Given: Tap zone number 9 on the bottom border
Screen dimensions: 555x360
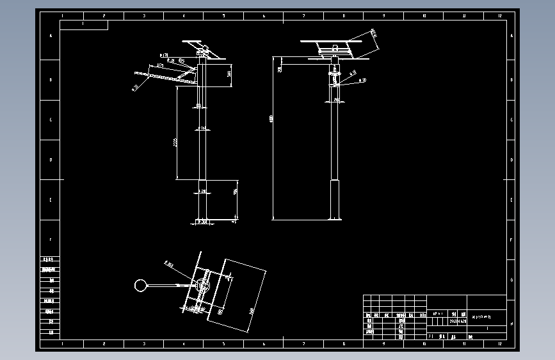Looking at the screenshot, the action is pyautogui.click(x=383, y=345).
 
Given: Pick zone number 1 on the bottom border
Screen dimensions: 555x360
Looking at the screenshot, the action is pyautogui.click(x=62, y=345).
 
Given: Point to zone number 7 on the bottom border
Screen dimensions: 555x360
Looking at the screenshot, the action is pyautogui.click(x=303, y=345).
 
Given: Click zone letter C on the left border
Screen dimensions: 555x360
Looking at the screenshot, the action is pyautogui.click(x=50, y=120).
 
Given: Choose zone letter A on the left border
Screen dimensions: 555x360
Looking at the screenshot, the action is pyautogui.click(x=50, y=36).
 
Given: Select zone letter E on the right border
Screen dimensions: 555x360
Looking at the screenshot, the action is pyautogui.click(x=511, y=199).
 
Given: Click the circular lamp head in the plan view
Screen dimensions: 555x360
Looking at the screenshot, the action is pyautogui.click(x=140, y=285).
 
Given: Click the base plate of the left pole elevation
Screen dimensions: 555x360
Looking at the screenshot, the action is pyautogui.click(x=202, y=222).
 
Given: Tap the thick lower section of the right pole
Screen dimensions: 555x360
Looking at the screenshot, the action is pyautogui.click(x=335, y=199).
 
